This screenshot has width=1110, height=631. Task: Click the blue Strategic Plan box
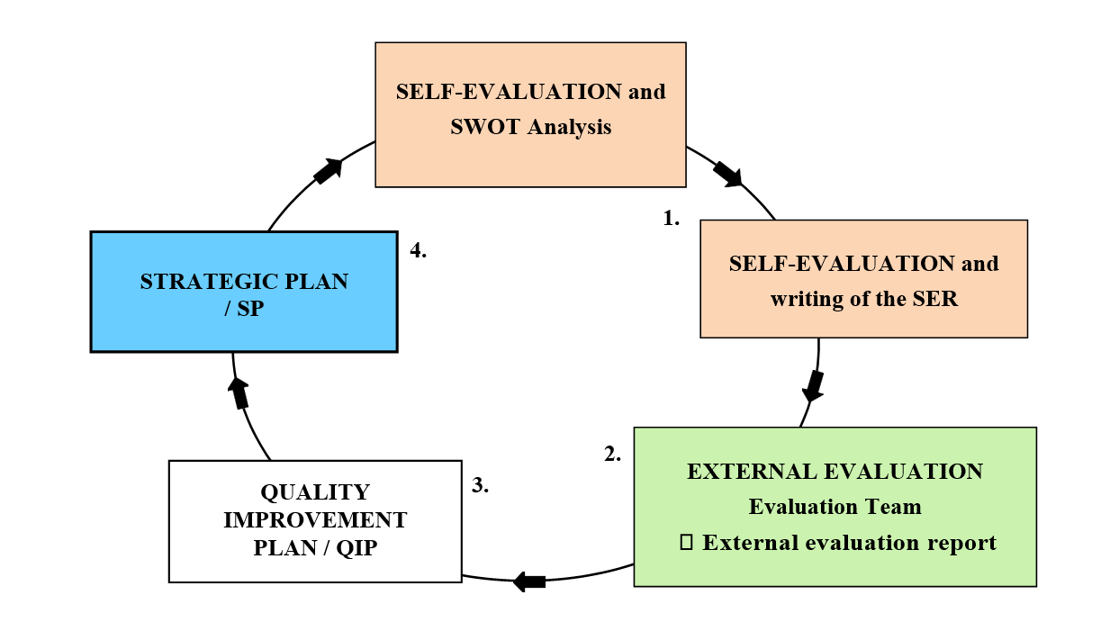244,292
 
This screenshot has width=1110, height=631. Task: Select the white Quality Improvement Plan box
315,521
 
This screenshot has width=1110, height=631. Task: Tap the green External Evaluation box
835,507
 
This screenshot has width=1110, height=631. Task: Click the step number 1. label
671,219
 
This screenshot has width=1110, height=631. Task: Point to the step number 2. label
612,454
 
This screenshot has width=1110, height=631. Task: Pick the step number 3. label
480,485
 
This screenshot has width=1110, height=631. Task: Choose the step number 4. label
419,250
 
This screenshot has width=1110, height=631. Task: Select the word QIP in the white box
356,548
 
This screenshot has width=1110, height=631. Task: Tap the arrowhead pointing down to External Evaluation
813,386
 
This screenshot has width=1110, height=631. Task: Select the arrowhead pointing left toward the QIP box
528,581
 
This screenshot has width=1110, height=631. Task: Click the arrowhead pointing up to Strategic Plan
239,393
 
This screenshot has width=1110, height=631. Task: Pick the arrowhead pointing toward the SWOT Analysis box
329,171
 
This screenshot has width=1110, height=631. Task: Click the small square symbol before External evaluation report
686,542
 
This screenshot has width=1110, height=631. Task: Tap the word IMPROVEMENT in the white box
315,520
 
